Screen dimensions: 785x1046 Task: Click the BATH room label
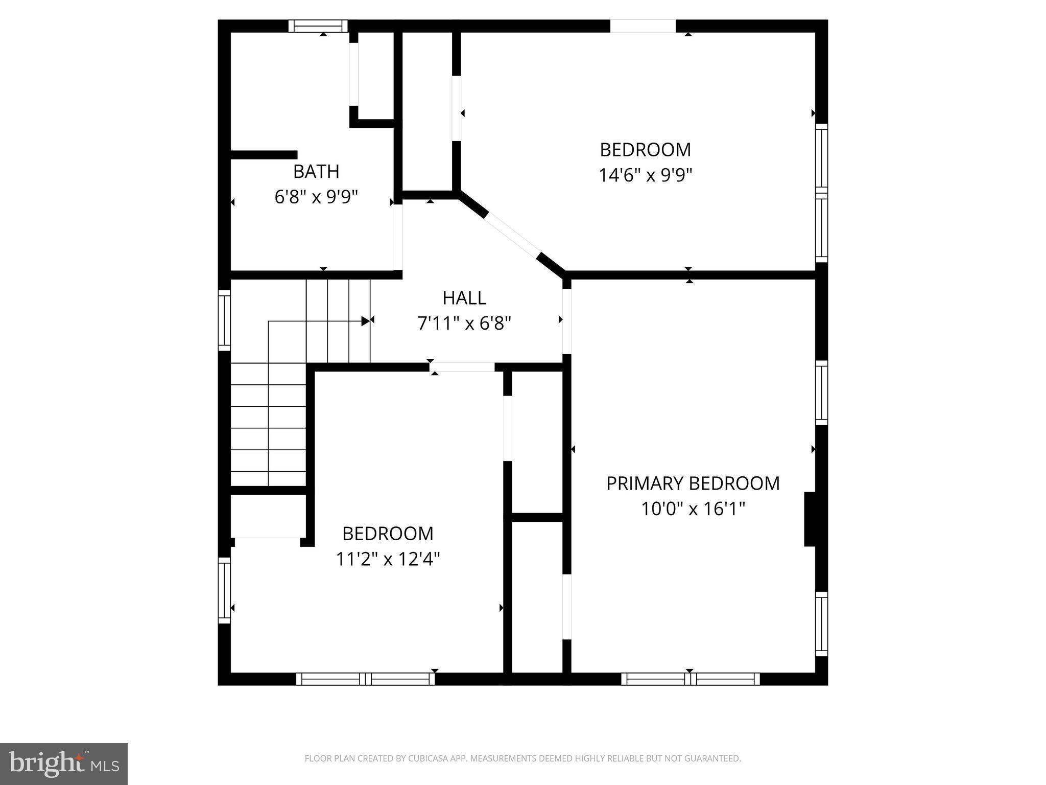[x=316, y=172]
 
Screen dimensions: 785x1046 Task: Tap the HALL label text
[x=464, y=298]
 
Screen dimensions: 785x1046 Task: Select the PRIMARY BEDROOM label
[x=693, y=483]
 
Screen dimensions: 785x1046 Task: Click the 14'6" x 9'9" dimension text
[x=645, y=176]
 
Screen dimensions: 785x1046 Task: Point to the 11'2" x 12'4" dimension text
[x=388, y=560]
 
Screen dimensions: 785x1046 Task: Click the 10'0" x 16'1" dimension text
[x=693, y=510]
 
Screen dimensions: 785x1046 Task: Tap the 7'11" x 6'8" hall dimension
[x=464, y=324]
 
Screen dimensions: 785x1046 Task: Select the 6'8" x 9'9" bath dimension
[x=316, y=197]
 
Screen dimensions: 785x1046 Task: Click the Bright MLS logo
[x=63, y=764]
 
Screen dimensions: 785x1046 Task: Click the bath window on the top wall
[x=318, y=26]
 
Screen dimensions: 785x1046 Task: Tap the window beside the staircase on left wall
[x=224, y=320]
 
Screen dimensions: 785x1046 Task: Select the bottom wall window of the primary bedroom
[x=690, y=679]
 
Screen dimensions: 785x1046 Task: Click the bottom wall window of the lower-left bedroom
[x=365, y=679]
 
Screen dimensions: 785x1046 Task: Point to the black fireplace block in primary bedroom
[x=810, y=519]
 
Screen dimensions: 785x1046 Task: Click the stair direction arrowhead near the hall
[x=365, y=321]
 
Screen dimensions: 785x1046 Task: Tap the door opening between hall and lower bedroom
[x=462, y=367]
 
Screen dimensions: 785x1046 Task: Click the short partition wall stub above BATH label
[x=264, y=155]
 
